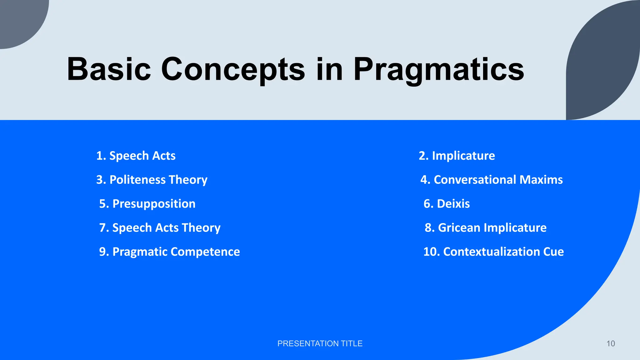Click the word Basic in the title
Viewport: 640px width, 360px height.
pos(109,69)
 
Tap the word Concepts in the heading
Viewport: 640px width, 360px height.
pos(233,69)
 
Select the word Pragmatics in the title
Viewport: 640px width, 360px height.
pos(438,69)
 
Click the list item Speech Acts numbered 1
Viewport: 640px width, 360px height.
pos(136,156)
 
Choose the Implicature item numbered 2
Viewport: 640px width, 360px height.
pos(457,156)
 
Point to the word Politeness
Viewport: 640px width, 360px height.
pos(137,180)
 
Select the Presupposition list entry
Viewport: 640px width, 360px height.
pos(147,204)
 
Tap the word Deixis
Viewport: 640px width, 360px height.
pos(453,204)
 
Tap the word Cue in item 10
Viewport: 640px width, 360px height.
pos(553,252)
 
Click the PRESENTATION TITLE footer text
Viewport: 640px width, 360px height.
pos(320,343)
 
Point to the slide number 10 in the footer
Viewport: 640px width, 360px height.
pos(610,343)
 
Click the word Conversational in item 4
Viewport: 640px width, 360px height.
pos(475,180)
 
